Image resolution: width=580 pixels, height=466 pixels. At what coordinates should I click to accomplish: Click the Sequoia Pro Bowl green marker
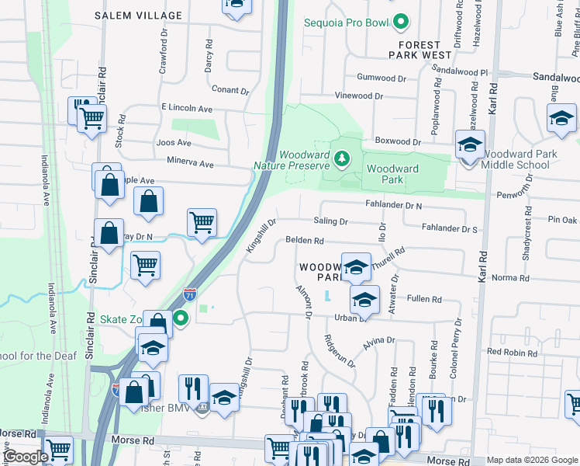pyautogui.click(x=401, y=23)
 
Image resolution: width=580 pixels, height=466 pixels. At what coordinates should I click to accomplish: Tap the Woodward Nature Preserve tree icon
pyautogui.click(x=341, y=159)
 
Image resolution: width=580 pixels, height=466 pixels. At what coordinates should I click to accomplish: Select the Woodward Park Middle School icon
pyautogui.click(x=469, y=146)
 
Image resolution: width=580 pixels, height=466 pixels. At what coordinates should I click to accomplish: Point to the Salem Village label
pyautogui.click(x=139, y=16)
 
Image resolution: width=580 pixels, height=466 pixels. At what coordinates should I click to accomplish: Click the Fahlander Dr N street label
pyautogui.click(x=394, y=206)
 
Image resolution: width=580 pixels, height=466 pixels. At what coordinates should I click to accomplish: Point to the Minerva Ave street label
pyautogui.click(x=190, y=164)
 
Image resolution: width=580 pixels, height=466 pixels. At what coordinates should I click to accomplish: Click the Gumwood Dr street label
pyautogui.click(x=381, y=78)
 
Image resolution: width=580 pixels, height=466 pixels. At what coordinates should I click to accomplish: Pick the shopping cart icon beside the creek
pyautogui.click(x=202, y=223)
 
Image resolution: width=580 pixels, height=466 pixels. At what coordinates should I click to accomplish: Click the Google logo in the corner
pyautogui.click(x=26, y=457)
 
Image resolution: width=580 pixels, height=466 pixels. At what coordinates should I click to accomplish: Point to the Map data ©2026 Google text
pyautogui.click(x=531, y=460)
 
